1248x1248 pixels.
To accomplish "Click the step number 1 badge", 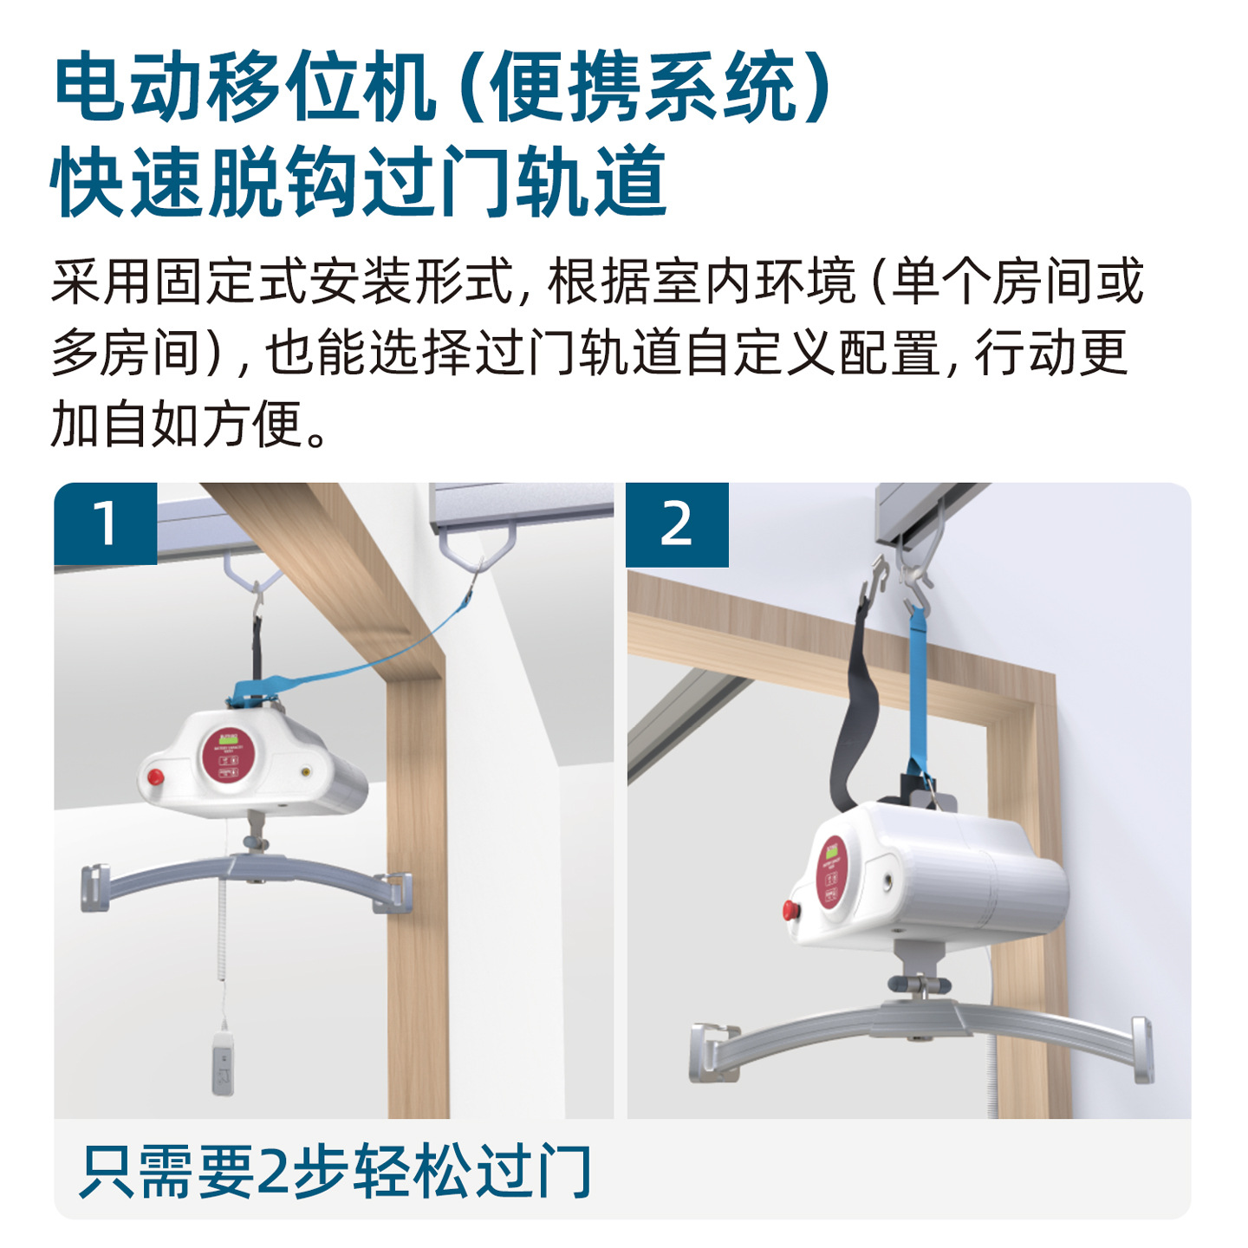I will tap(105, 523).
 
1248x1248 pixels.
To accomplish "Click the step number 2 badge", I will tap(677, 524).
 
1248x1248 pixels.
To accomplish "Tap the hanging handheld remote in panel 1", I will tap(224, 1061).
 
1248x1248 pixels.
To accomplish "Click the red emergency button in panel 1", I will tap(156, 775).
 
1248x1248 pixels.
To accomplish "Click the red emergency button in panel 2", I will tap(790, 910).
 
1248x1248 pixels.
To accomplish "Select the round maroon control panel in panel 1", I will tap(229, 755).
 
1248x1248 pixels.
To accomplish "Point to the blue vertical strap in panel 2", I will tap(917, 685).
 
